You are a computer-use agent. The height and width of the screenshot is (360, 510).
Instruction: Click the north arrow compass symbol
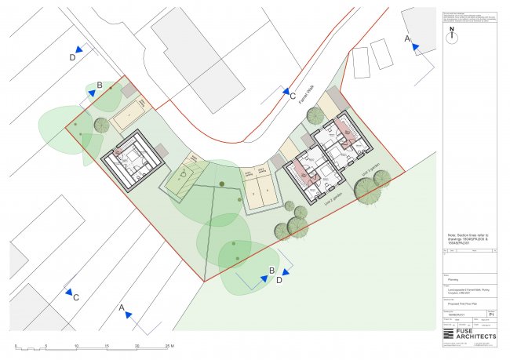[x=452, y=34]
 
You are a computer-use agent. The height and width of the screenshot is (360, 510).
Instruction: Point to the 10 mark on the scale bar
[x=76, y=345]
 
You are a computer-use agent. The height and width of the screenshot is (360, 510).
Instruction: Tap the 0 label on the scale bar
[x=16, y=345]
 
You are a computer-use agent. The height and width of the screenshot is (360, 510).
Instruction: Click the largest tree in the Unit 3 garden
[x=366, y=189]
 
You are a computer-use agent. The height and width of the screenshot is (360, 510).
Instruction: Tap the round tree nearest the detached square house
[x=101, y=124]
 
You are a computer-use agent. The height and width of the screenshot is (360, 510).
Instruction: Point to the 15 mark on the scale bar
[x=107, y=345]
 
